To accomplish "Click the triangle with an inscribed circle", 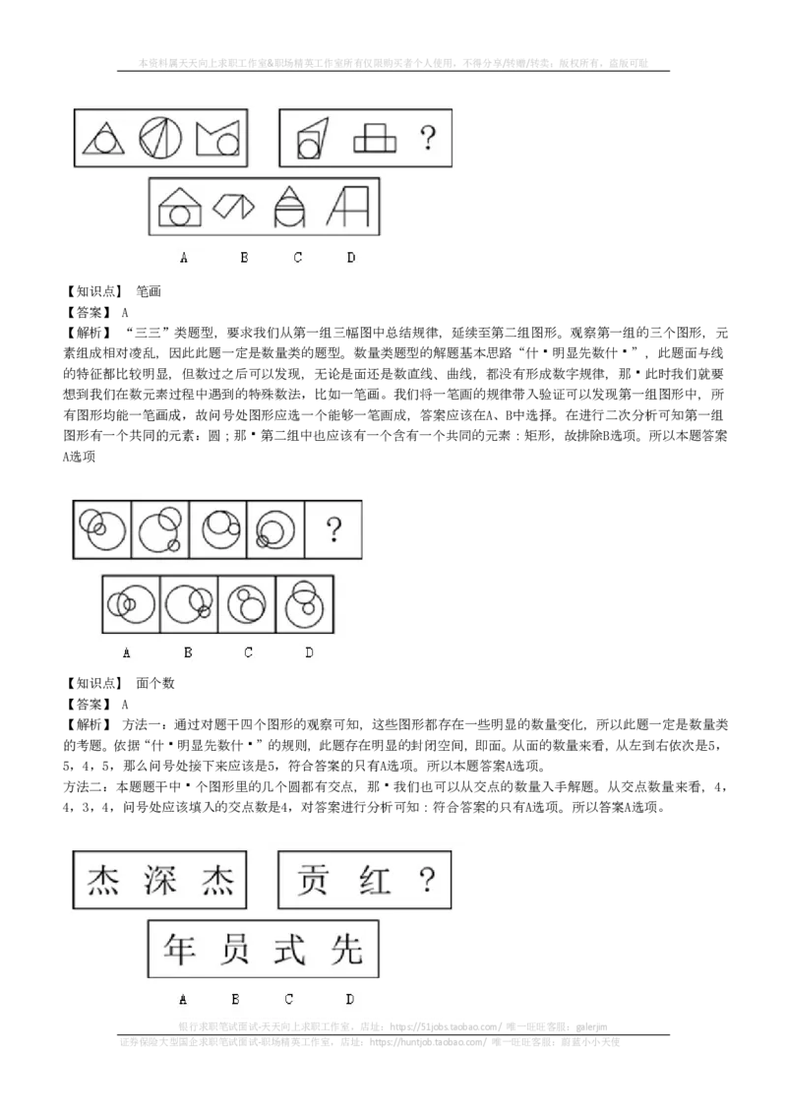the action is [x=103, y=138].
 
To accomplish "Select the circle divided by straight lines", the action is [x=160, y=138].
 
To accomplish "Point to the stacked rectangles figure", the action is [x=375, y=139].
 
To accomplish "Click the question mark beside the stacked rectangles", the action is [x=427, y=138].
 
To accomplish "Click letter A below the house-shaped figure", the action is [x=183, y=258].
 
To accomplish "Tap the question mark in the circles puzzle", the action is [x=333, y=531].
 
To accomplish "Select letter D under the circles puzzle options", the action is [x=309, y=652].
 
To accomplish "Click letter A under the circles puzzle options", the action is [x=127, y=652].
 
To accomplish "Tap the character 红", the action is [x=373, y=880].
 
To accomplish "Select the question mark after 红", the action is [x=426, y=880].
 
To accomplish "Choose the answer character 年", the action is [x=181, y=949].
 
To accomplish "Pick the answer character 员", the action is [x=235, y=949].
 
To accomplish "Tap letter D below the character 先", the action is [x=349, y=999].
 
